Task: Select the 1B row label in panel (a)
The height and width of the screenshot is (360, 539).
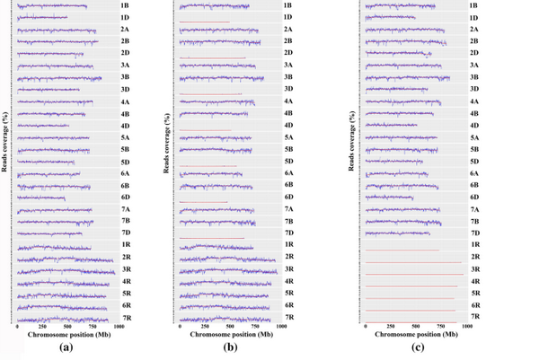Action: (124, 6)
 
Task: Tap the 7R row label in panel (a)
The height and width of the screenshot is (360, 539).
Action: (125, 317)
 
